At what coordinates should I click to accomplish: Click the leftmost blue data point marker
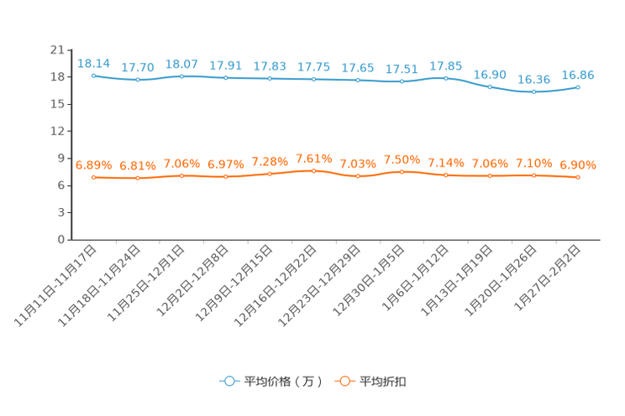coord(93,75)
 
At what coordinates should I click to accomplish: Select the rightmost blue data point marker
coord(578,86)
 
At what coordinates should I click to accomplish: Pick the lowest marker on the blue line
coord(533,91)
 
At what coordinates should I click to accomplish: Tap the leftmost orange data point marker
coord(93,178)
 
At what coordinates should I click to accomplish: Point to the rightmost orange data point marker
coord(578,178)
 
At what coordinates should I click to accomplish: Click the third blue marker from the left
coord(181,76)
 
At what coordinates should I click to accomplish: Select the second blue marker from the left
coord(138,80)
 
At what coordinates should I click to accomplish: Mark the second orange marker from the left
coord(138,179)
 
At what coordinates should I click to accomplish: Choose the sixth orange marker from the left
coord(313,171)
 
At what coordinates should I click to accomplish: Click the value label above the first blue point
coord(93,63)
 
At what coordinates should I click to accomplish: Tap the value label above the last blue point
coord(578,75)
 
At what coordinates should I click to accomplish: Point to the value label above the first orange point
coord(93,165)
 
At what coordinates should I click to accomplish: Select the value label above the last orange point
coord(578,164)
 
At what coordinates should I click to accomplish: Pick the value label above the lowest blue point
coord(533,79)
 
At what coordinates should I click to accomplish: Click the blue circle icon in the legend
coord(228,381)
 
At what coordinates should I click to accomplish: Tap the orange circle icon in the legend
coord(344,381)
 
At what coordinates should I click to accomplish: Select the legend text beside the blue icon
coord(282,382)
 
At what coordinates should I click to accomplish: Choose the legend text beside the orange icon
coord(384,382)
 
